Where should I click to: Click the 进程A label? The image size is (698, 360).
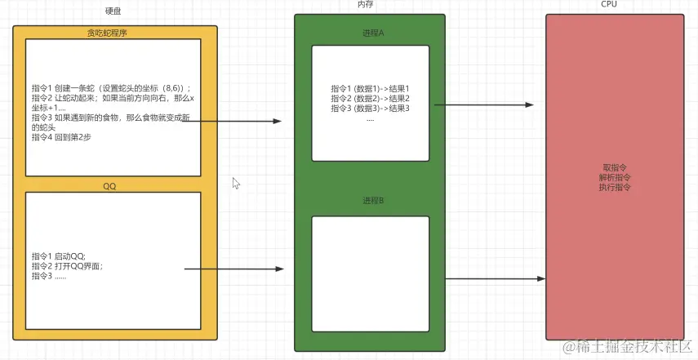pos(372,34)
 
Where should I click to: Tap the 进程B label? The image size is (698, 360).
pos(372,201)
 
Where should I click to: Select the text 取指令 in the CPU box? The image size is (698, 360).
pos(614,167)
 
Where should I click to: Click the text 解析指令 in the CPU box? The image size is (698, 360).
pos(614,177)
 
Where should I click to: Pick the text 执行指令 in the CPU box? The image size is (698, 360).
pos(614,188)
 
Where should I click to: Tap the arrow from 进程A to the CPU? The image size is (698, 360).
pos(482,105)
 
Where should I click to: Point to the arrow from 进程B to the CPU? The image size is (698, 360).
pos(494,279)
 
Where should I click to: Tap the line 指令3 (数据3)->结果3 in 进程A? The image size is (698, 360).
pos(370,109)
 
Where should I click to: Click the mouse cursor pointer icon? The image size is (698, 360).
pos(237,184)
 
